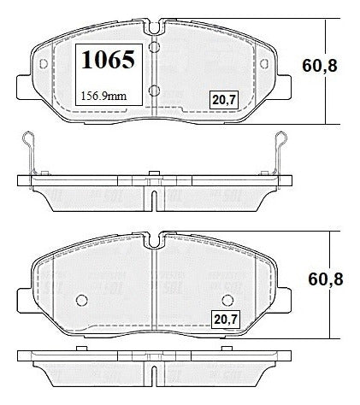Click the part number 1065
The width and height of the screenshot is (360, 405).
click(x=108, y=60)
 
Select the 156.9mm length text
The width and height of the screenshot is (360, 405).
click(x=104, y=96)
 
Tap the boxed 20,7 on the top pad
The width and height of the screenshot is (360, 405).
click(x=224, y=100)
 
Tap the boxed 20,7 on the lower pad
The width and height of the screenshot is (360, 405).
click(x=226, y=320)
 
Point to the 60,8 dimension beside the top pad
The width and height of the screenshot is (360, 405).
click(x=320, y=66)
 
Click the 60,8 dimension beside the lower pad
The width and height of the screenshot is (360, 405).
click(x=326, y=279)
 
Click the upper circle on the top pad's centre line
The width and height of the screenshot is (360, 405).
click(x=154, y=47)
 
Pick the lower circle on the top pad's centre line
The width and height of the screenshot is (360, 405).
click(x=154, y=91)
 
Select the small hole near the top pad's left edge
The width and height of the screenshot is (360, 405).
click(x=44, y=64)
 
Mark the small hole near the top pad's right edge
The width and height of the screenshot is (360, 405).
click(x=264, y=64)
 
